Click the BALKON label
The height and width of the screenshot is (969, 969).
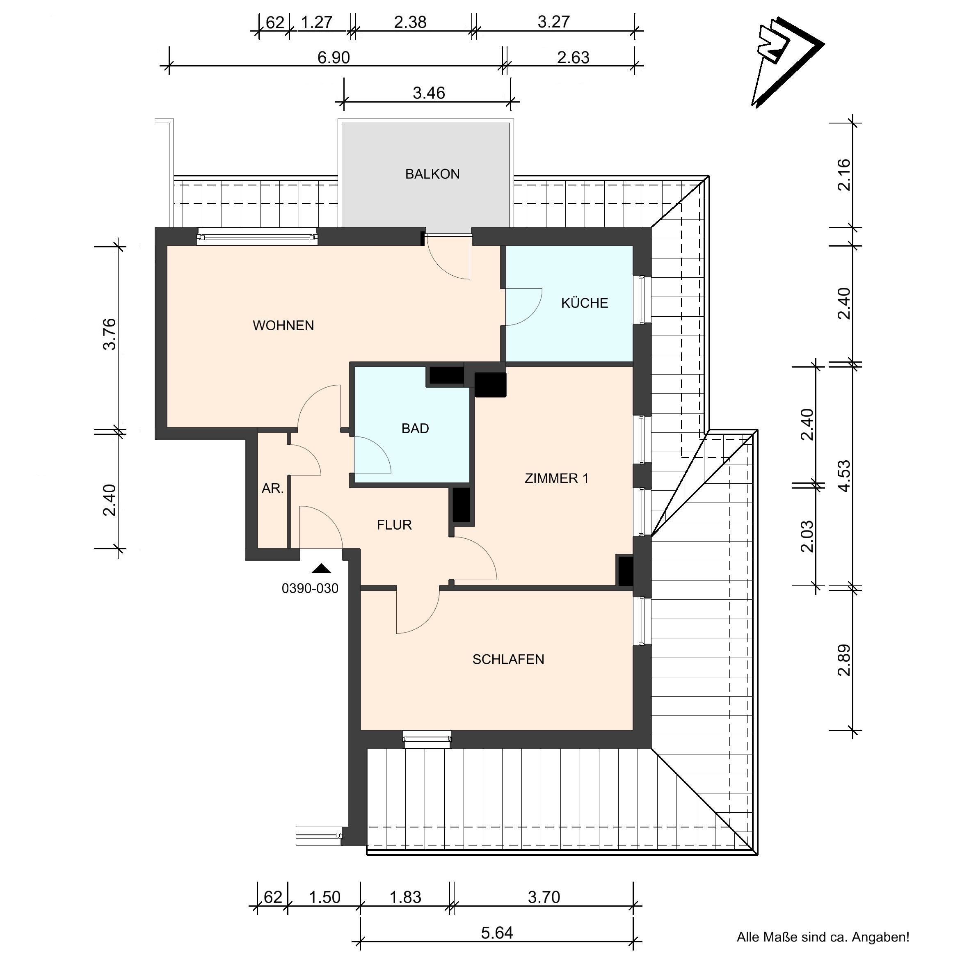point(432,174)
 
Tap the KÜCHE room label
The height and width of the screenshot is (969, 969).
point(584,303)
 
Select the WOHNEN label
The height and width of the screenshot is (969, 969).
point(283,325)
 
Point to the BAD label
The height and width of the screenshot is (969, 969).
point(415,428)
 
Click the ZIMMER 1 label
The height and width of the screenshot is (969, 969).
point(557,478)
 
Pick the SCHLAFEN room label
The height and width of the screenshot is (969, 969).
point(508,659)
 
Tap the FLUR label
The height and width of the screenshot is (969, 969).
point(394,525)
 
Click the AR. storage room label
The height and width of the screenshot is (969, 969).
point(273,489)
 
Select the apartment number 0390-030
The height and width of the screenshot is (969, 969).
point(310,588)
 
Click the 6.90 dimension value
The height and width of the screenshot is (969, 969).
point(334,58)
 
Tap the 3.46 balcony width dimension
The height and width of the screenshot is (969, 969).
point(429,93)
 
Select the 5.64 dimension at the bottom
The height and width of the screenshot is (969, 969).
point(497,933)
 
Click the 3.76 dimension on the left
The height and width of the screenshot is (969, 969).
point(110,334)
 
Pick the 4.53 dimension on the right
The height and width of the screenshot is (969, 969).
point(845,476)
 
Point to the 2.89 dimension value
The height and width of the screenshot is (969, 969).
point(845,660)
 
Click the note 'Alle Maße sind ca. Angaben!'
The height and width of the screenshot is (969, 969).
point(823,937)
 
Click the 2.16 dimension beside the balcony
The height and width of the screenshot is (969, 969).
point(845,174)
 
